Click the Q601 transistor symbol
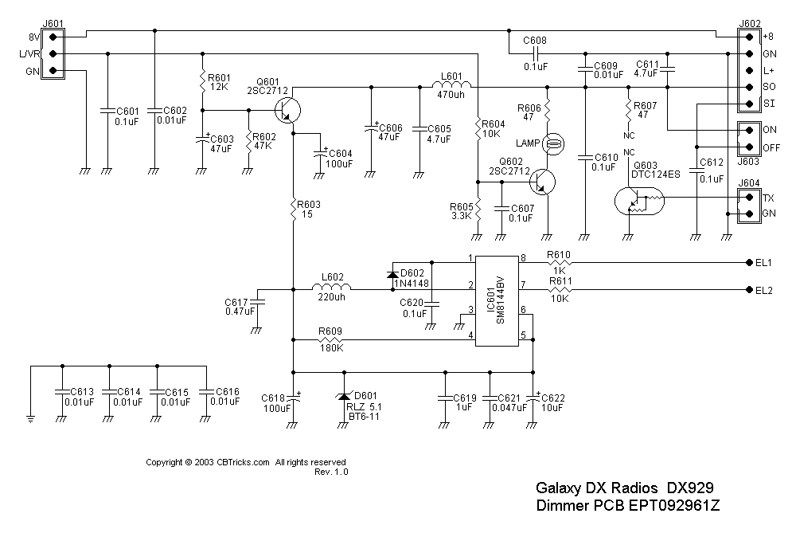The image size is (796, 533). [288, 108]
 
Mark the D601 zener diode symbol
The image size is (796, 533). [344, 396]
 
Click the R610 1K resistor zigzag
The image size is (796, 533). [560, 262]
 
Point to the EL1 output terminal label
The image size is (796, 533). [763, 262]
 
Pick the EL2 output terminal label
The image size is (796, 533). [763, 290]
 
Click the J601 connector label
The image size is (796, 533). [53, 25]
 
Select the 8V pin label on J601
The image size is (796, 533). [35, 37]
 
